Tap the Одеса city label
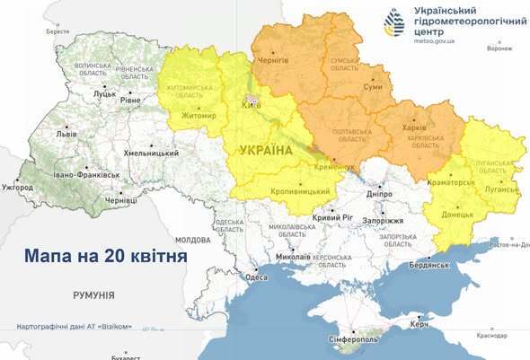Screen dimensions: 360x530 pos(257,277)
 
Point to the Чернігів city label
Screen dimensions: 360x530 pos(273,60)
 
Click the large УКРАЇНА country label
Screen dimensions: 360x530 pos(265,150)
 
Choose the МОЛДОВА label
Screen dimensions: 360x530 pos(193,241)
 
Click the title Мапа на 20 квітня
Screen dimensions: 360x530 pos(106,256)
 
